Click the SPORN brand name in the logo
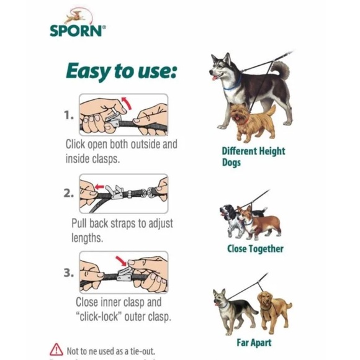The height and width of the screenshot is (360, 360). click(x=76, y=30)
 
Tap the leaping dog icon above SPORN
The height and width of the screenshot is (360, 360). click(x=76, y=14)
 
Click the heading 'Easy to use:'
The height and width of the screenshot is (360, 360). click(x=121, y=71)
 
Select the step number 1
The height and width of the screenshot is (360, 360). click(x=69, y=115)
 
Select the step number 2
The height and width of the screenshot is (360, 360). click(x=69, y=193)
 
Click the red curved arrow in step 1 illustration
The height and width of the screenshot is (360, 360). click(x=128, y=102)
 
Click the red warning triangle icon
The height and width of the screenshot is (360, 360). click(x=56, y=349)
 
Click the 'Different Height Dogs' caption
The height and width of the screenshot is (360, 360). click(x=253, y=156)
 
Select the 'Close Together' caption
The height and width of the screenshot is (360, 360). click(x=255, y=248)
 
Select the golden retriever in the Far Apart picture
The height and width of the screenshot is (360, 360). click(x=274, y=307)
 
